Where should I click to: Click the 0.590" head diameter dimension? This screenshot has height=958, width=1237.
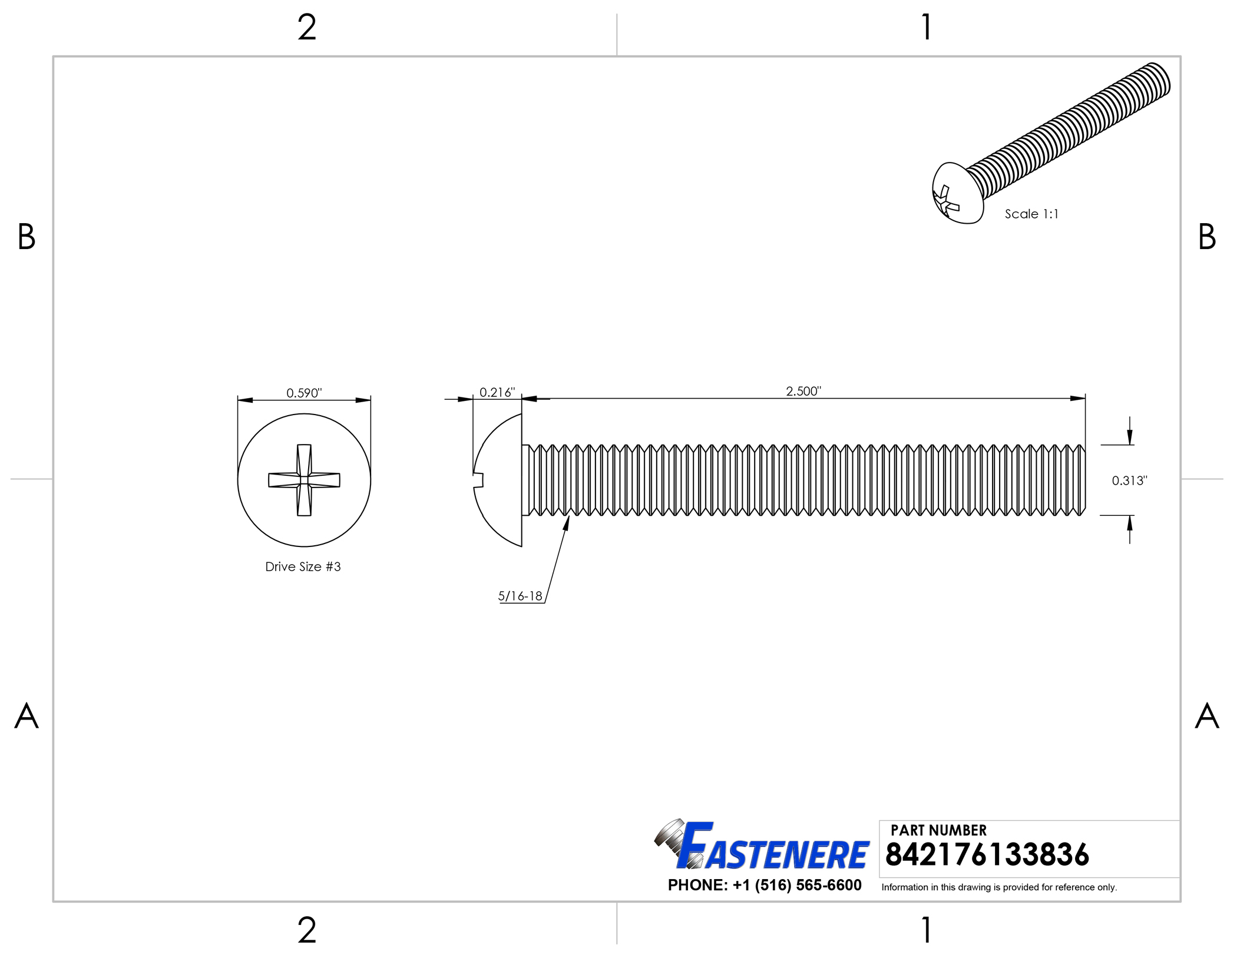(x=304, y=393)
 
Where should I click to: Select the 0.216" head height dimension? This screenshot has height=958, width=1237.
(x=497, y=392)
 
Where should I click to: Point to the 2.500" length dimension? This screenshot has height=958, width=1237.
(x=803, y=391)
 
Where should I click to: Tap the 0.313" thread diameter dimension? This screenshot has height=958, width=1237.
(x=1129, y=480)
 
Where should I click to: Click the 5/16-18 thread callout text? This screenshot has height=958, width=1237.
(x=520, y=596)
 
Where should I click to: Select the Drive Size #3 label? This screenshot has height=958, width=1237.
(x=303, y=566)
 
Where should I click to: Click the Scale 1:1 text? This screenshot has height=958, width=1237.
(x=1031, y=214)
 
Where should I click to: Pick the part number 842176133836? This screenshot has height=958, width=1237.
(x=987, y=854)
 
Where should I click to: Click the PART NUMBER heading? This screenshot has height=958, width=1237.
(x=938, y=830)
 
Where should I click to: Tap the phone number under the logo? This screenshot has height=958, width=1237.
(x=765, y=885)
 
